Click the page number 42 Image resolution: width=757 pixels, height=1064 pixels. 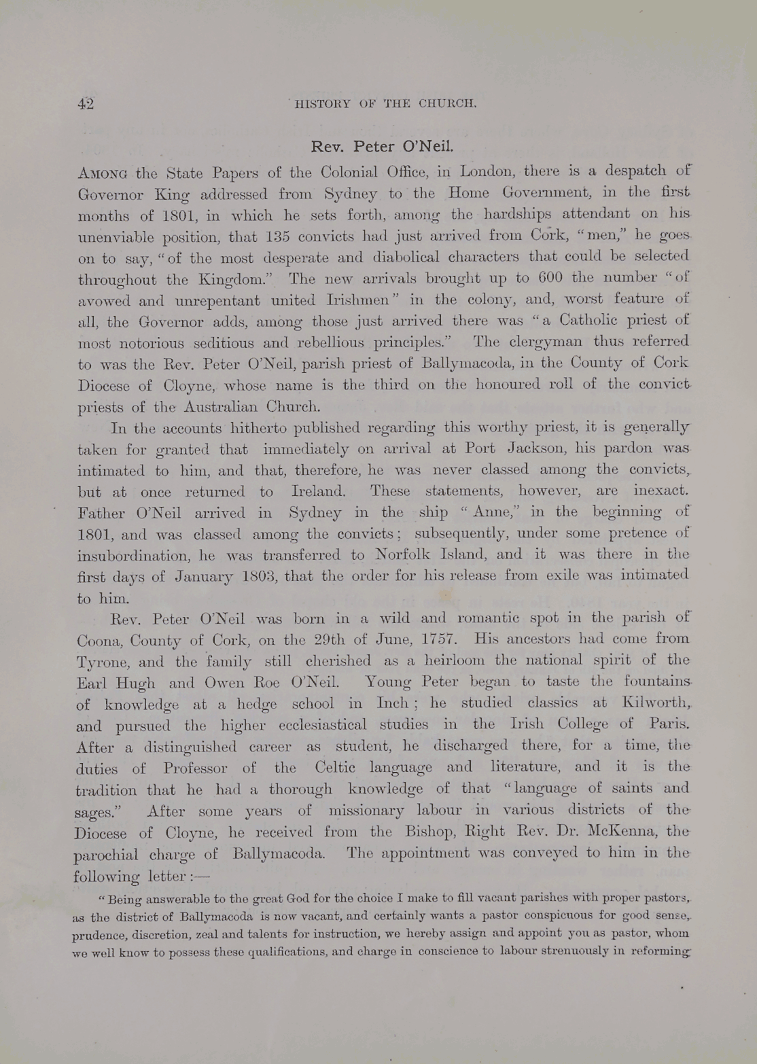86,104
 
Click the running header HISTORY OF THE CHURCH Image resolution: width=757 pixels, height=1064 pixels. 385,104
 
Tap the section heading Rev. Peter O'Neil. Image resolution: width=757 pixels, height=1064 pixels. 382,147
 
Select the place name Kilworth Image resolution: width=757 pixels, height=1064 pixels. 655,703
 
